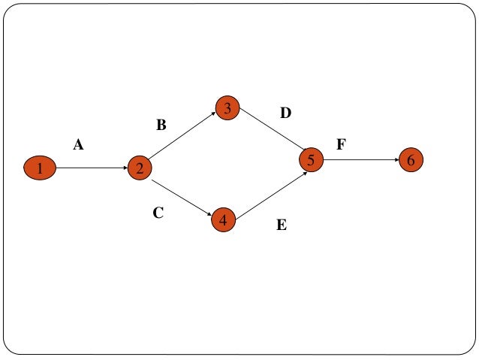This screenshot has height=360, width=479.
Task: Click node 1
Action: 40,168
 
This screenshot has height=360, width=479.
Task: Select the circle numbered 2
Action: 140,168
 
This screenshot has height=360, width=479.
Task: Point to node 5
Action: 311,159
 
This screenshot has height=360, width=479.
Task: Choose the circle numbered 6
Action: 411,160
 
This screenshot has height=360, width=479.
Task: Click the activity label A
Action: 78,146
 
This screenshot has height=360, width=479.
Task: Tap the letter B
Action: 161,126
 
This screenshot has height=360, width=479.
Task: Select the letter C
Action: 158,213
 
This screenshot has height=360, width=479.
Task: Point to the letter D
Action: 285,113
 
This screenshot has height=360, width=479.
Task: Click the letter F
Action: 341,144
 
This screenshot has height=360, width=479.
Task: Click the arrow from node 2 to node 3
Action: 183,137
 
